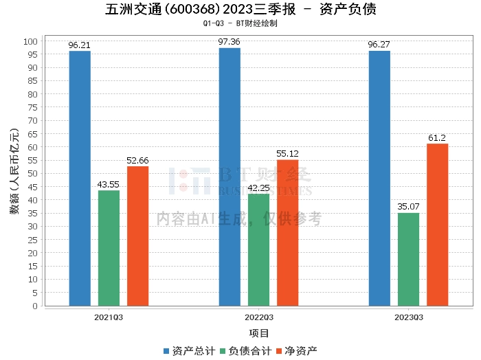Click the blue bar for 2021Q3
click(x=80, y=178)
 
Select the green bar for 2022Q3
click(x=258, y=249)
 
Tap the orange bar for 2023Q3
click(x=438, y=225)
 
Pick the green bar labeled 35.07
click(x=408, y=259)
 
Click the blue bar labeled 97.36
click(x=230, y=177)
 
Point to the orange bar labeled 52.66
click(x=137, y=236)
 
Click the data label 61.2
click(x=437, y=138)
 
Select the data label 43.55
click(x=109, y=185)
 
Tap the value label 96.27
click(x=379, y=45)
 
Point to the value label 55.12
click(x=287, y=154)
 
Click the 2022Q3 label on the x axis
click(x=259, y=317)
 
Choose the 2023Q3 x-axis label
click(x=409, y=317)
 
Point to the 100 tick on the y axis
click(x=30, y=41)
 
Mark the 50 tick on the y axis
click(x=32, y=173)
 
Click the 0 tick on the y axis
click(x=35, y=306)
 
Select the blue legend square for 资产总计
click(x=166, y=351)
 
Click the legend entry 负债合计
click(x=246, y=351)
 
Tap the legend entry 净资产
click(x=297, y=351)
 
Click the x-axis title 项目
click(x=258, y=333)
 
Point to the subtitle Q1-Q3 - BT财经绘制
click(x=240, y=23)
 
